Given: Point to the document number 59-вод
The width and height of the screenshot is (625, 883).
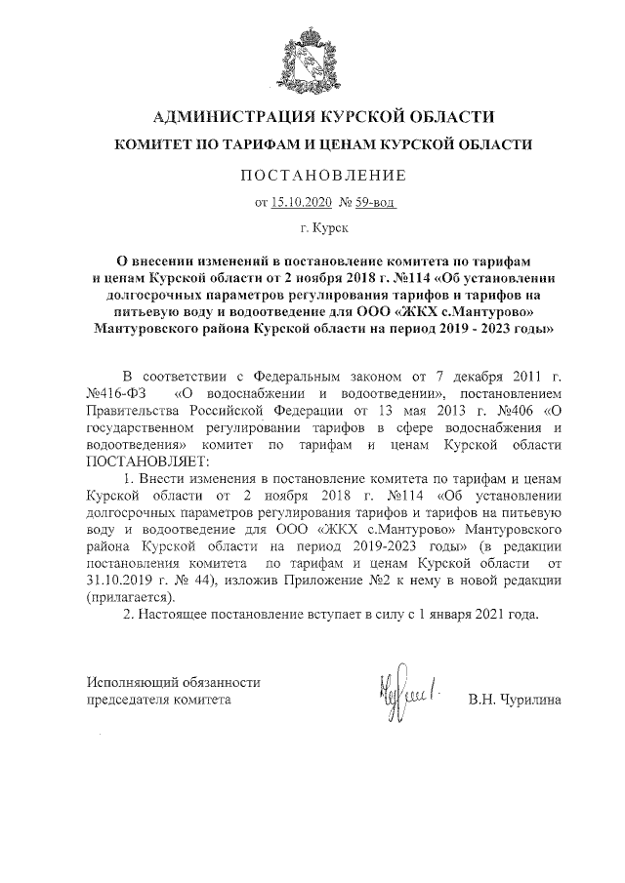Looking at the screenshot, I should (374, 202).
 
